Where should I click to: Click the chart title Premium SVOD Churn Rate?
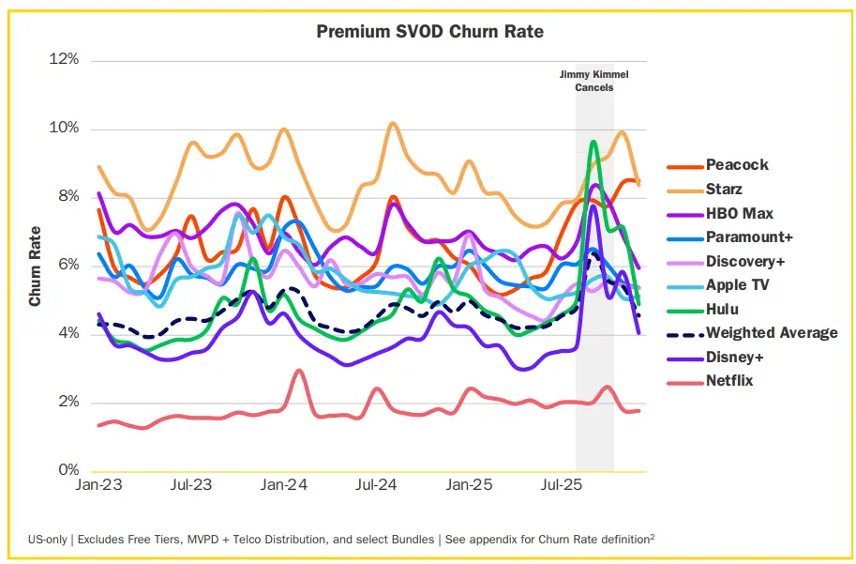coord(429,32)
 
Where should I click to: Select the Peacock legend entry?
coord(737,165)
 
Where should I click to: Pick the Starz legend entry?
coord(724,190)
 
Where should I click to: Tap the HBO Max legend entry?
coord(739,214)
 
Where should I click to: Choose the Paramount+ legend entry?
coord(749,237)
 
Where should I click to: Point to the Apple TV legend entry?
coord(737,285)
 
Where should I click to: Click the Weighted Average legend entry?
coord(772,332)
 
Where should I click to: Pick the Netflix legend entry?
coord(729,380)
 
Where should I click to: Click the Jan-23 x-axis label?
coord(98,487)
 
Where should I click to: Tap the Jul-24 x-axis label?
coord(375,487)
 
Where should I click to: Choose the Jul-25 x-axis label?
coord(559,487)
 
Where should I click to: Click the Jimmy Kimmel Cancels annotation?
coord(593,80)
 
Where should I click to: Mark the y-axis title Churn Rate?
coord(36,266)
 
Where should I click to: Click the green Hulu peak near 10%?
coord(593,142)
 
